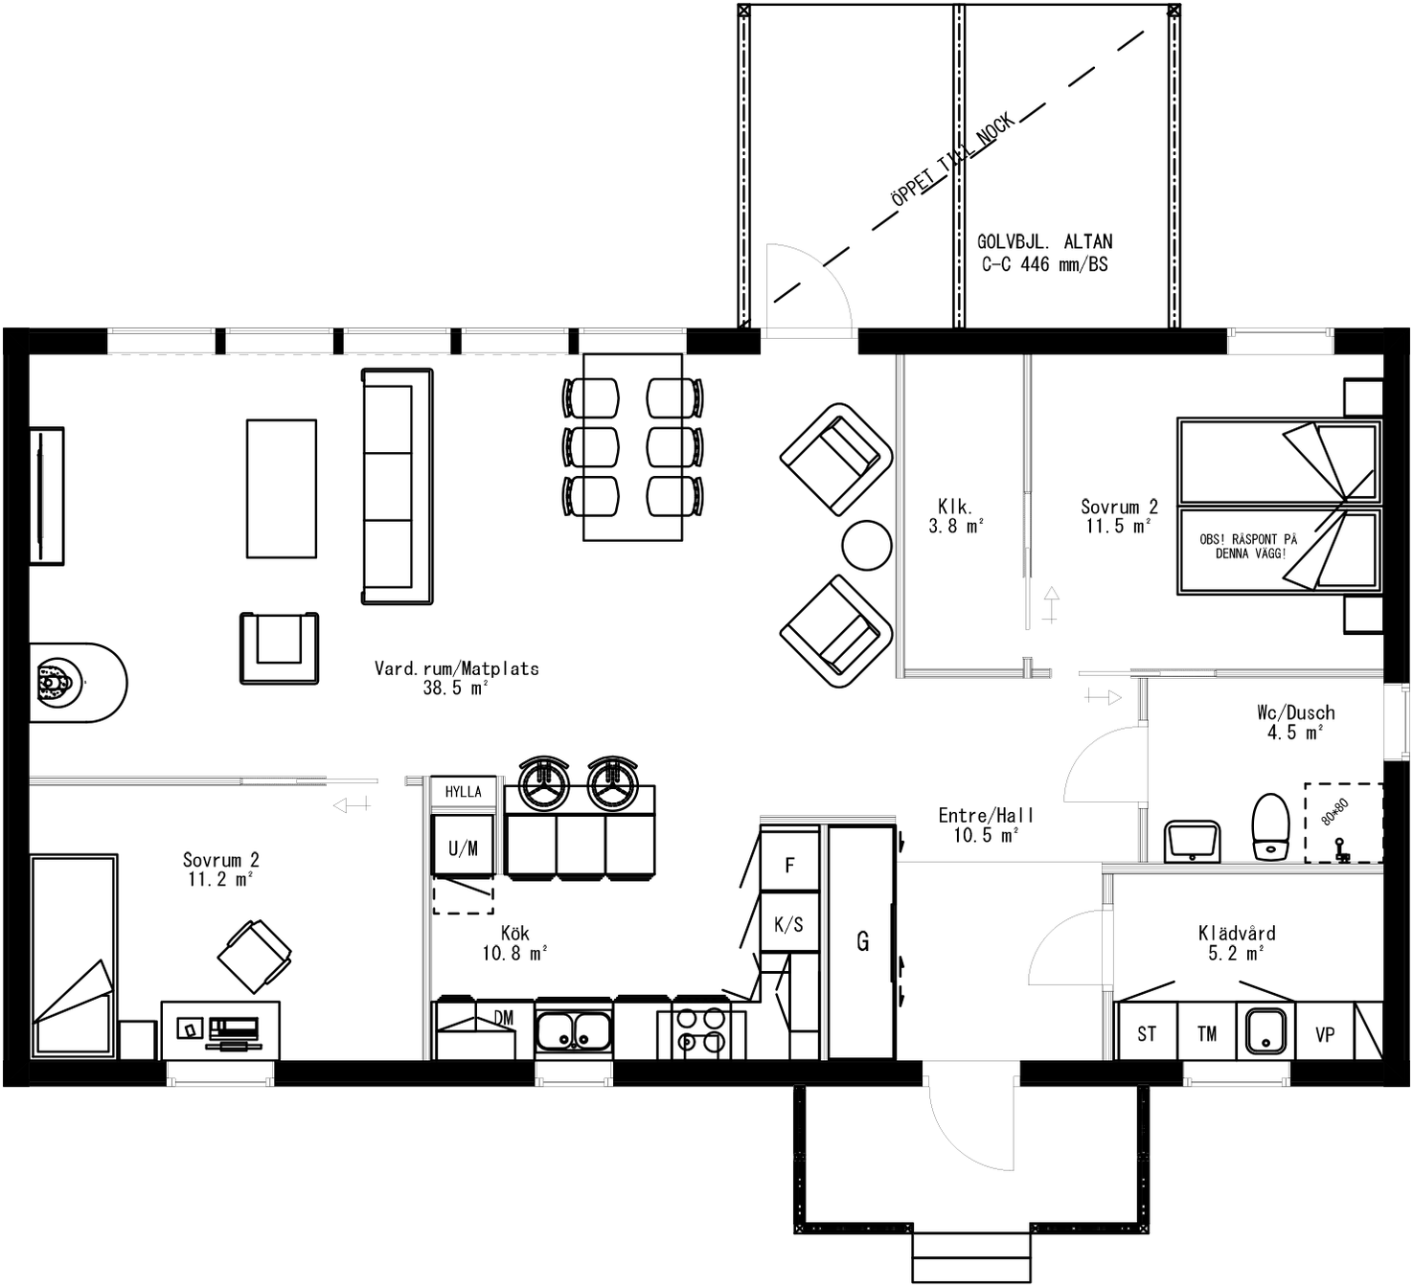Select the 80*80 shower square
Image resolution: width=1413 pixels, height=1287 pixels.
tap(1343, 823)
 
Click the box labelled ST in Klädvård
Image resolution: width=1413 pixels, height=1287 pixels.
tap(1147, 1033)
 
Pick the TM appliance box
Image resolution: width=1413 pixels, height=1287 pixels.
tap(1207, 1033)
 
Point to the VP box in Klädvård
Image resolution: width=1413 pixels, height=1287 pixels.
tap(1325, 1033)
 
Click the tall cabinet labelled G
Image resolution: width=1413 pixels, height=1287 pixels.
tap(862, 942)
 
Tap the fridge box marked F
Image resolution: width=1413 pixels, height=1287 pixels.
tap(789, 865)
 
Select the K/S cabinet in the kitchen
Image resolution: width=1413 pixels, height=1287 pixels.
tap(789, 924)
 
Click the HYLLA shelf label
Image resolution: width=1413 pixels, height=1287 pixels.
tap(464, 792)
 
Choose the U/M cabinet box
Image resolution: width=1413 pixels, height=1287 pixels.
tap(464, 847)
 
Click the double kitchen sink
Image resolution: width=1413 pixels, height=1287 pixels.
tap(574, 1031)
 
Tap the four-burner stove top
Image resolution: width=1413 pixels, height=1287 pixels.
tap(700, 1031)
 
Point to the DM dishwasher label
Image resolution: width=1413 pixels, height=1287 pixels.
tap(503, 1018)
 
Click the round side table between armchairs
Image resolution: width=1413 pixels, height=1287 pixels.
tap(867, 545)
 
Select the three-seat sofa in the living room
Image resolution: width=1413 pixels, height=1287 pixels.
tap(397, 486)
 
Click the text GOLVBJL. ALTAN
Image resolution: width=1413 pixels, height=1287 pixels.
tap(1044, 242)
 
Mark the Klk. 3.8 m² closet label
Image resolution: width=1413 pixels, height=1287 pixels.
tap(955, 516)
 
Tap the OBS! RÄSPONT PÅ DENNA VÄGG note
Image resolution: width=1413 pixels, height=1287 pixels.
tap(1248, 546)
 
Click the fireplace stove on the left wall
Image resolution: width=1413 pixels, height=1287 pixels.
tap(56, 682)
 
